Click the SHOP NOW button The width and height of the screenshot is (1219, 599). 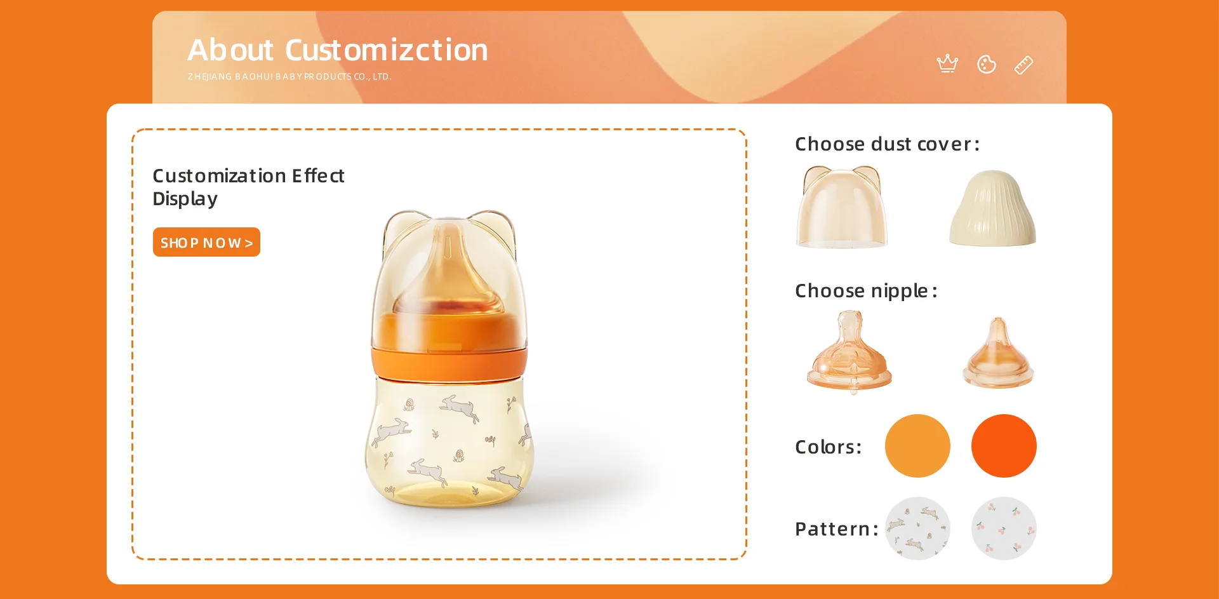tap(206, 242)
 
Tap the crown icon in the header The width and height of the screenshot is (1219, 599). tap(947, 64)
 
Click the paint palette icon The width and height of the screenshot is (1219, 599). tap(987, 64)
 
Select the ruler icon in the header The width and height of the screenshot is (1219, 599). tap(1023, 65)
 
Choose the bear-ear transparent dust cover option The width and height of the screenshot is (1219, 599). tap(842, 207)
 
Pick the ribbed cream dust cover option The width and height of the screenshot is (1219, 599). tap(992, 208)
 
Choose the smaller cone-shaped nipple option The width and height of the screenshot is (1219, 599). tap(998, 353)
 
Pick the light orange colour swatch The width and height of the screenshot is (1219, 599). tap(917, 446)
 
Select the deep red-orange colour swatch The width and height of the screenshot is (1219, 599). tap(1004, 446)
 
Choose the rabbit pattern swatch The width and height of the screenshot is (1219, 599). tap(917, 528)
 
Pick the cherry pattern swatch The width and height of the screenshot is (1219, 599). tap(1004, 528)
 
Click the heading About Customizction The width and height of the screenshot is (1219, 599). tap(338, 50)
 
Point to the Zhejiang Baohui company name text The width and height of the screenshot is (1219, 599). tap(290, 77)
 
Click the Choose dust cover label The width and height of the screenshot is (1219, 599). tap(887, 144)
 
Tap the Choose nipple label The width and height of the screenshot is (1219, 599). tap(866, 291)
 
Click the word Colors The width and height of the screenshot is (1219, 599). tap(828, 447)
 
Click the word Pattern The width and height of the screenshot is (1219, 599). tap(836, 529)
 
